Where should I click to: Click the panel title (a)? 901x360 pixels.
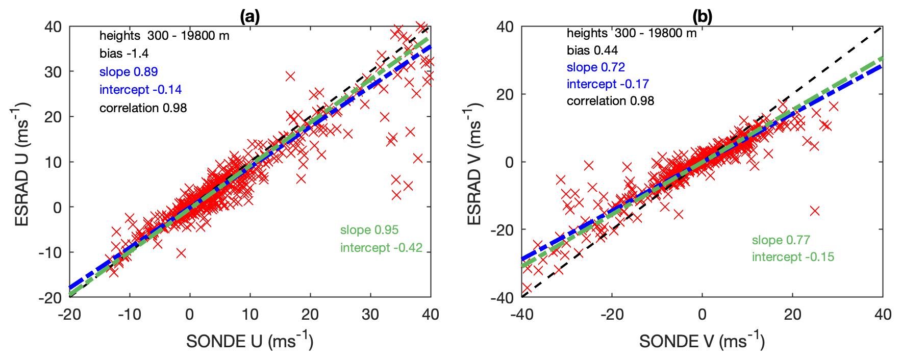click(249, 17)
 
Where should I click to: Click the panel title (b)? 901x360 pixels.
click(702, 17)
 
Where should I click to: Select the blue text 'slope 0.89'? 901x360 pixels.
click(129, 72)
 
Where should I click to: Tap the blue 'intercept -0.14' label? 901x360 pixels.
click(140, 90)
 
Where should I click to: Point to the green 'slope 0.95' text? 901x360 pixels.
click(369, 230)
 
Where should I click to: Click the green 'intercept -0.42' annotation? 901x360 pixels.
click(381, 248)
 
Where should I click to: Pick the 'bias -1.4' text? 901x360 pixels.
click(124, 54)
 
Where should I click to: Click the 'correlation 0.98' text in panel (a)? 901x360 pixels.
click(143, 108)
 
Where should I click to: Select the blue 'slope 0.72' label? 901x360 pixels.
click(595, 67)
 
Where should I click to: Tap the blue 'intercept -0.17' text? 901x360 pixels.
click(608, 84)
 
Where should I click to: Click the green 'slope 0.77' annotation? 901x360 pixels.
click(781, 240)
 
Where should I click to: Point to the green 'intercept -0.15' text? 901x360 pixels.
click(793, 257)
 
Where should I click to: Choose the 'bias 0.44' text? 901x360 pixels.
click(592, 50)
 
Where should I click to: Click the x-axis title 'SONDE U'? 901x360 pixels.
click(249, 341)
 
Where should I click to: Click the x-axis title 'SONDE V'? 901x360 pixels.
click(702, 341)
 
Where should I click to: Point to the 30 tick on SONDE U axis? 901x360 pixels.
click(370, 315)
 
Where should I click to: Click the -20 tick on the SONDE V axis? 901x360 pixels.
click(612, 315)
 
